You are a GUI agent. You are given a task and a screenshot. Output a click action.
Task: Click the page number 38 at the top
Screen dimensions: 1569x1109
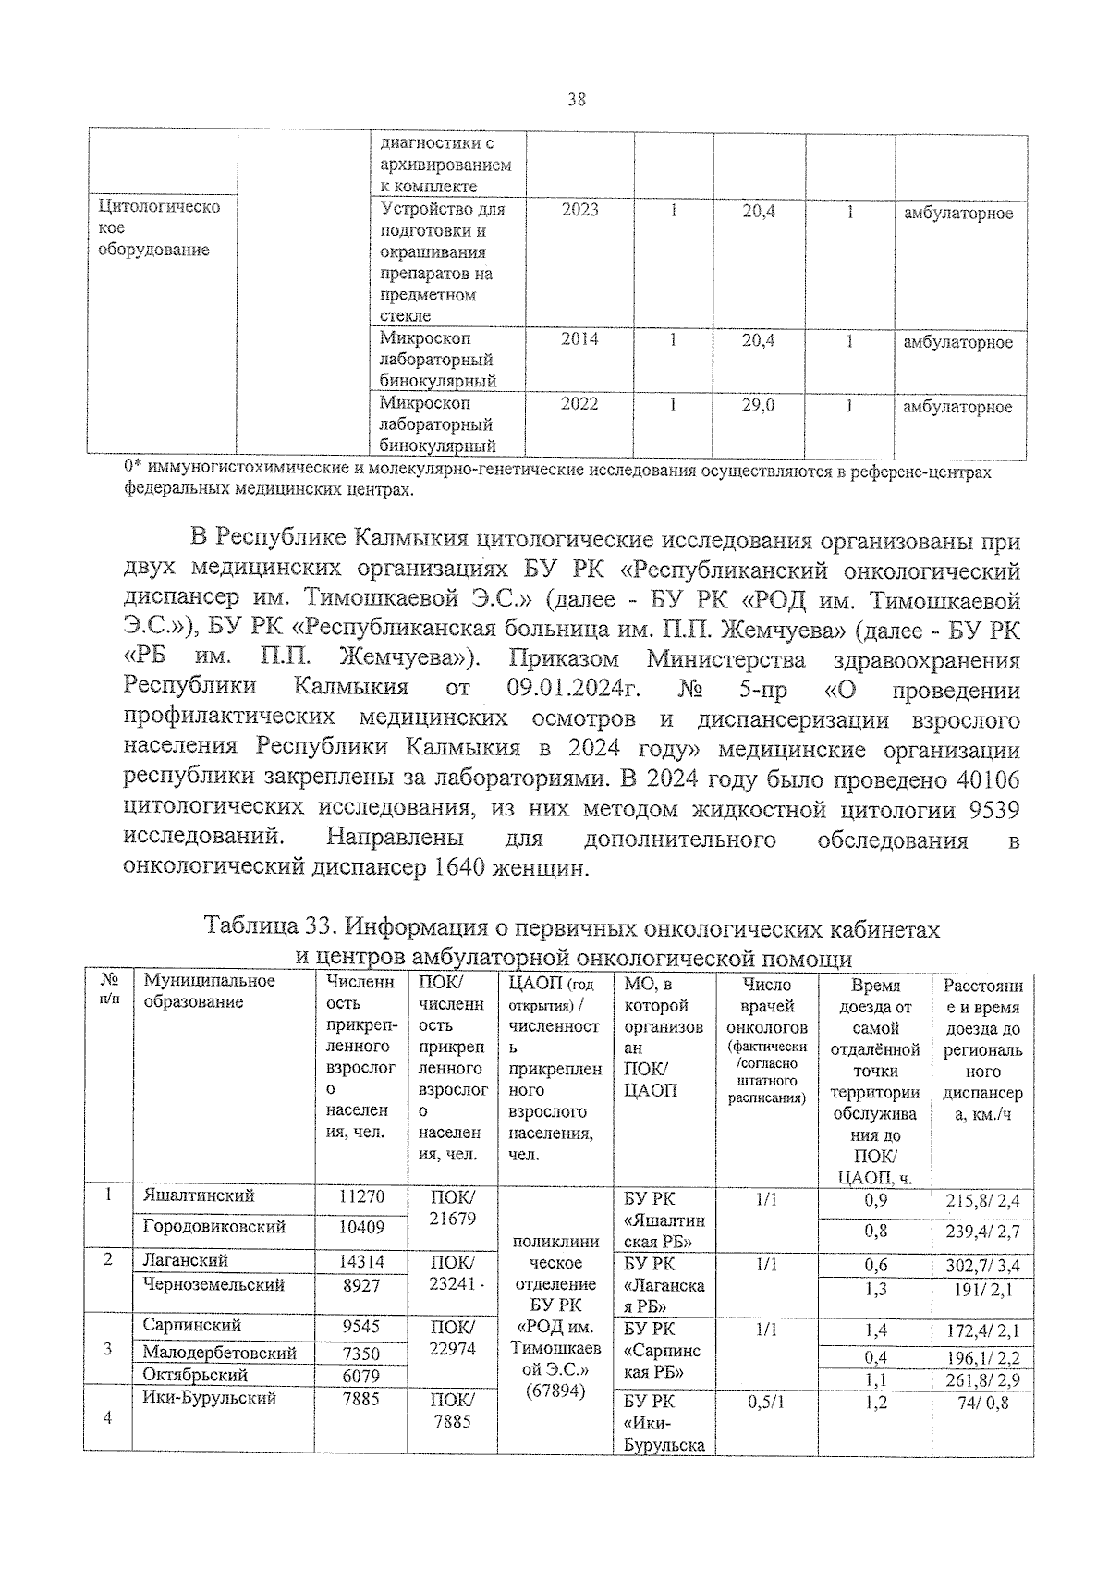pos(576,100)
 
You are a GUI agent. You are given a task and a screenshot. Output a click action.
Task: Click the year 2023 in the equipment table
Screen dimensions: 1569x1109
pos(579,210)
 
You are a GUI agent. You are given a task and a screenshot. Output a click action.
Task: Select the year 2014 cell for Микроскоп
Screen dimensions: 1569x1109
pos(579,339)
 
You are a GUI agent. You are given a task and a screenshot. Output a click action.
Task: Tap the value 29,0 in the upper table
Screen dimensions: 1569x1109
pos(759,404)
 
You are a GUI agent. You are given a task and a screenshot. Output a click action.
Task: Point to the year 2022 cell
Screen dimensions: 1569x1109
pos(579,404)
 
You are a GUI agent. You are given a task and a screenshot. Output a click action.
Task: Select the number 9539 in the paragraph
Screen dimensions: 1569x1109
pos(993,810)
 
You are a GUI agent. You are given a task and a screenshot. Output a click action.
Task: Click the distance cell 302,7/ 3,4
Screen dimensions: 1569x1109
pos(982,1266)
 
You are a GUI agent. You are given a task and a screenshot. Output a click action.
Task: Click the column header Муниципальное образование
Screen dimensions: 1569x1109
pos(209,992)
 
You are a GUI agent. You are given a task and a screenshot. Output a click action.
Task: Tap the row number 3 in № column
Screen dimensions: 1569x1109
pos(108,1349)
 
